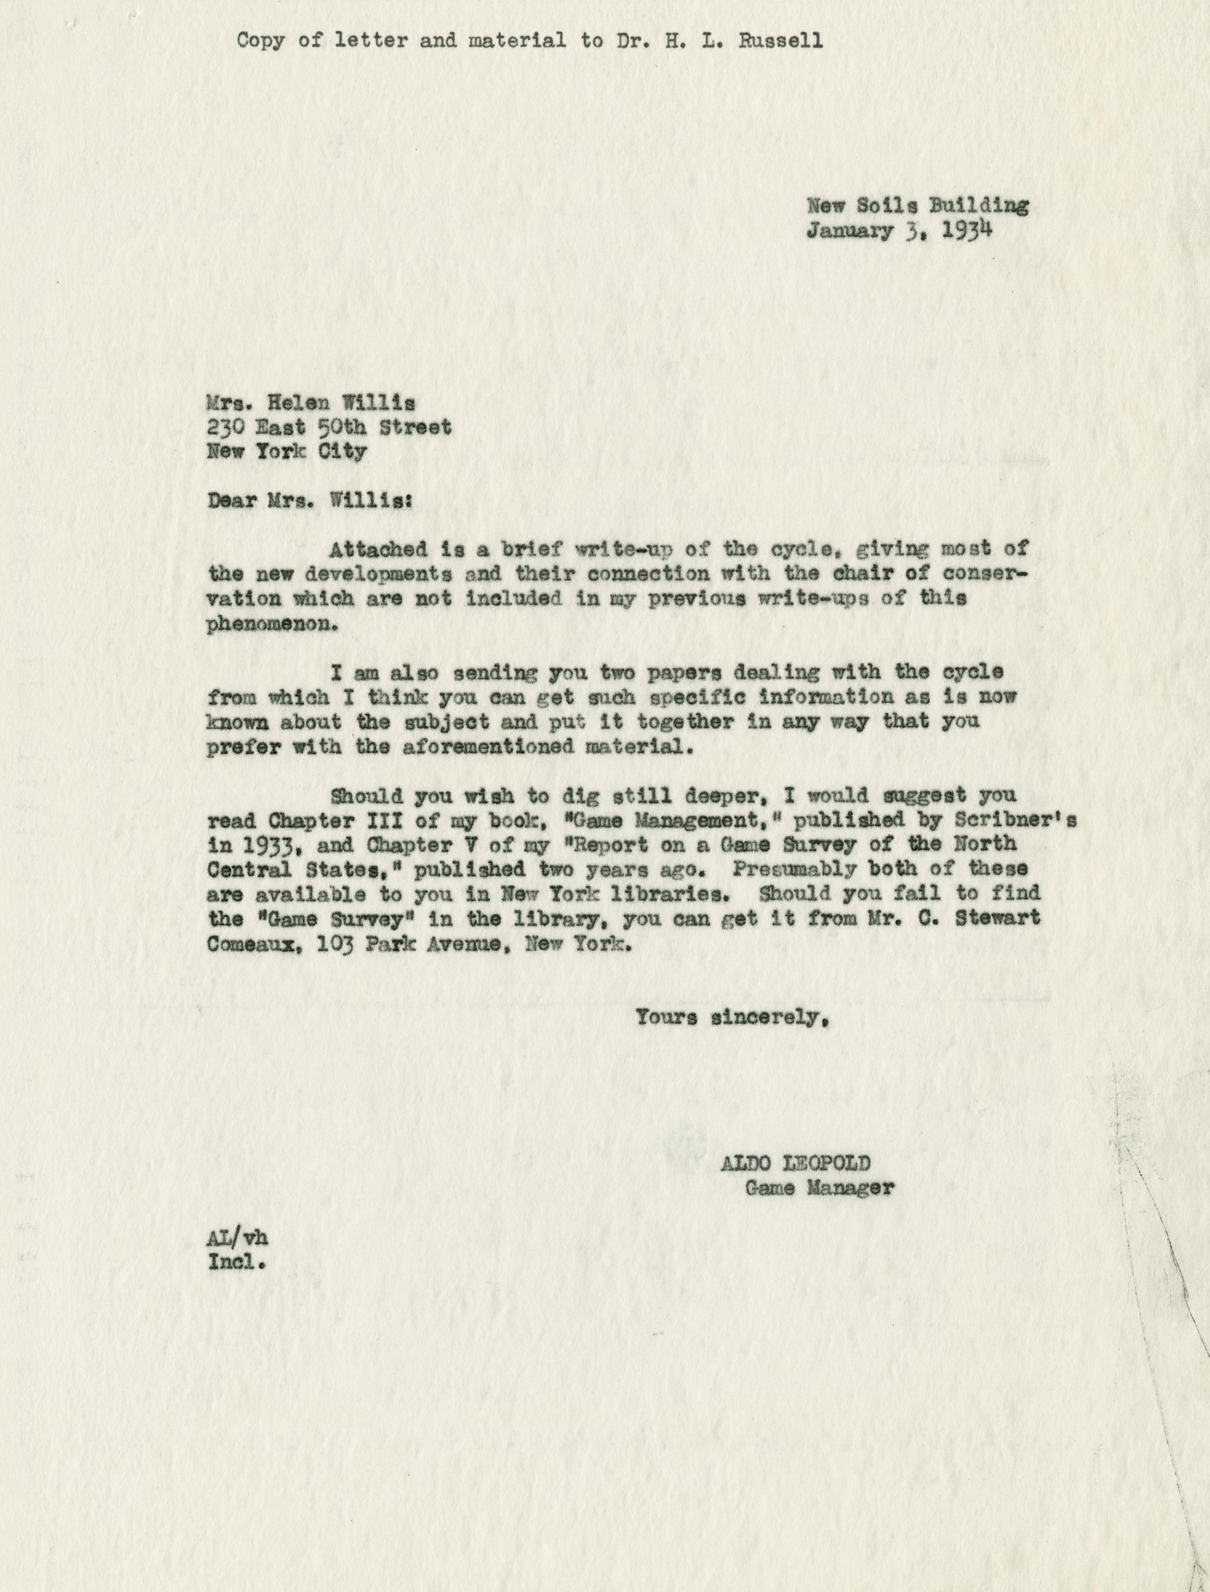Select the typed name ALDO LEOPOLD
(x=795, y=1163)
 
